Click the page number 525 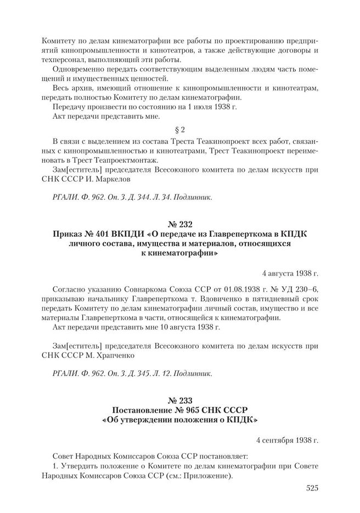pyautogui.click(x=309, y=488)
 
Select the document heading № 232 pyautogui.click(x=181, y=225)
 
